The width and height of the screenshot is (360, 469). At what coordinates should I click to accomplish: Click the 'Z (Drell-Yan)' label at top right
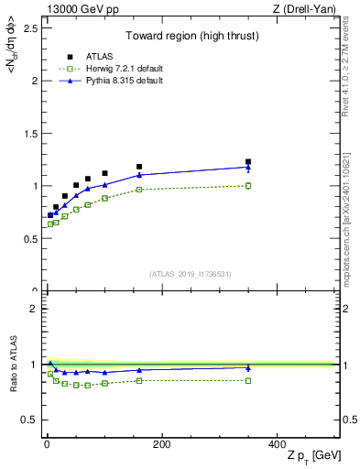pos(306,9)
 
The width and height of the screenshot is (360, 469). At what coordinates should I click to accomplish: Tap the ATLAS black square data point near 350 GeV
pos(248,161)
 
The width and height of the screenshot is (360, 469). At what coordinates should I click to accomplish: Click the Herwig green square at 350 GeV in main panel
pos(248,185)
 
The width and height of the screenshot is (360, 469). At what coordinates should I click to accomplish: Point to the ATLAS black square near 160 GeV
pos(139,167)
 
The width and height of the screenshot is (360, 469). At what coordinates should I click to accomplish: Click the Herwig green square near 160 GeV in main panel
pos(139,190)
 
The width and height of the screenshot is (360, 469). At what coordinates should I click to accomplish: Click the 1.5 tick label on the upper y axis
pos(30,133)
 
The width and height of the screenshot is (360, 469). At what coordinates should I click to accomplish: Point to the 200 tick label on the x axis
pos(161,444)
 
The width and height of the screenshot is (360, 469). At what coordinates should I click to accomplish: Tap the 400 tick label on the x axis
pos(277,444)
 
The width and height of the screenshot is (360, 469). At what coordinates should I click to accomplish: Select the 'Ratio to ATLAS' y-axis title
pos(13,364)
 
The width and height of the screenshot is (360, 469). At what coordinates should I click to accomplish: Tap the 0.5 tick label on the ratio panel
pos(30,420)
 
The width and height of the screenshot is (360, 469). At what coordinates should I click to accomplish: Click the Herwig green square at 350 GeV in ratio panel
pos(248,380)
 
